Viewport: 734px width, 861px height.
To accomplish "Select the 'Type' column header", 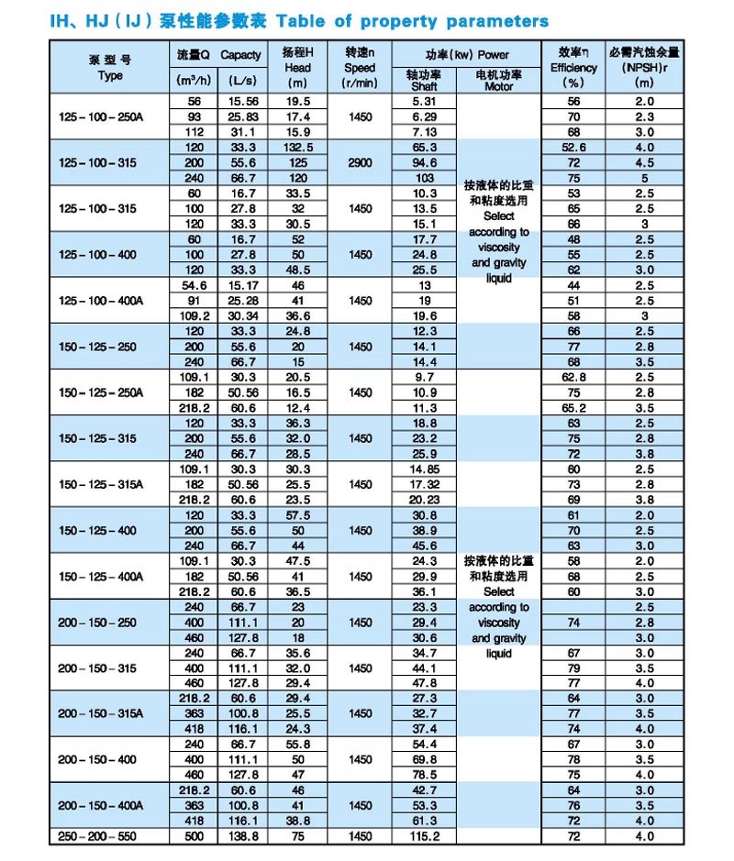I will (x=109, y=76).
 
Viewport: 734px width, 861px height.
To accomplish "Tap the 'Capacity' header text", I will (x=240, y=55).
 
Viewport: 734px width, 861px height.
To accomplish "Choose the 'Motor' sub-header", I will (x=499, y=86).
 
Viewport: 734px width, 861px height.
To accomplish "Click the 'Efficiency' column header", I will (x=573, y=68).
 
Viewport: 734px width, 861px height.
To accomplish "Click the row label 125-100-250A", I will (x=109, y=116).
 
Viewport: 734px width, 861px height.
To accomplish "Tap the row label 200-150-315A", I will (x=109, y=713).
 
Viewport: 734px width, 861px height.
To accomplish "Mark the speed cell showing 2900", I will (x=361, y=162).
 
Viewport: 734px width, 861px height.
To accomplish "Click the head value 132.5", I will (x=298, y=147).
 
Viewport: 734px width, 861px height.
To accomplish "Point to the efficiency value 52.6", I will (x=573, y=147).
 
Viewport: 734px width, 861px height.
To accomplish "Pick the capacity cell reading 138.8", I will (x=240, y=836).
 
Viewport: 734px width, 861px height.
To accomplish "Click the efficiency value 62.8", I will (x=573, y=377).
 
